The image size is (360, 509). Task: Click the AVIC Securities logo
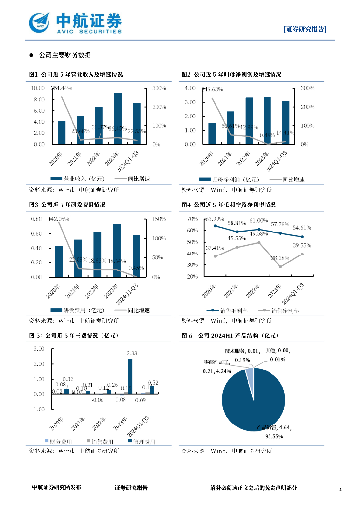[75, 22]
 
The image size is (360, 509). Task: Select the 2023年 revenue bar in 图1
[118, 119]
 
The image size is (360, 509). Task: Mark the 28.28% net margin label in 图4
[279, 258]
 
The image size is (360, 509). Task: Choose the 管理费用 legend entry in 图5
[142, 441]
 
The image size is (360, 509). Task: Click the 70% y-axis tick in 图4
[192, 219]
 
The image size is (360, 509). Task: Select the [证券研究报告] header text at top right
[305, 29]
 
